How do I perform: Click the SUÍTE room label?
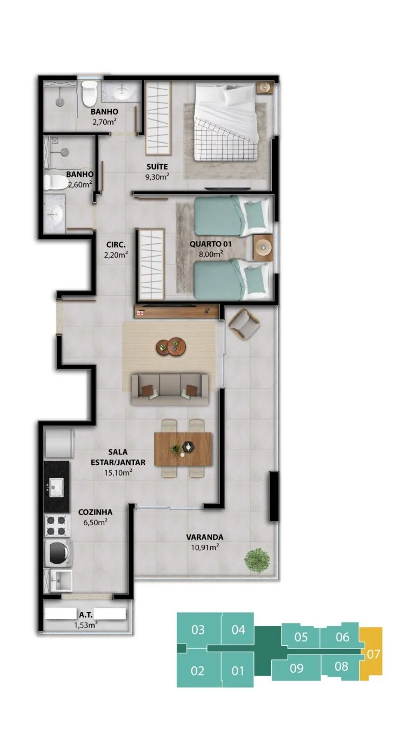(157, 166)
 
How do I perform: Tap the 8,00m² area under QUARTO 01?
(211, 254)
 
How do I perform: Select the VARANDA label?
(205, 537)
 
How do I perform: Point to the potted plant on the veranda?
(257, 560)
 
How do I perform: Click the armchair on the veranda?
(244, 324)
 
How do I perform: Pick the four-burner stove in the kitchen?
(57, 526)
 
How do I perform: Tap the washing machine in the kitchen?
(58, 553)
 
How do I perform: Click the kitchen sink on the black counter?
(56, 487)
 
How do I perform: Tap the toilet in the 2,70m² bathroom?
(89, 93)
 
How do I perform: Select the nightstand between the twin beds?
(263, 248)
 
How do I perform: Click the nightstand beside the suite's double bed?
(264, 88)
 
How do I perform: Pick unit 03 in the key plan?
(198, 630)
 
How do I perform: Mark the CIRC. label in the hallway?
(116, 245)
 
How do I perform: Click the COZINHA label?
(95, 512)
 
